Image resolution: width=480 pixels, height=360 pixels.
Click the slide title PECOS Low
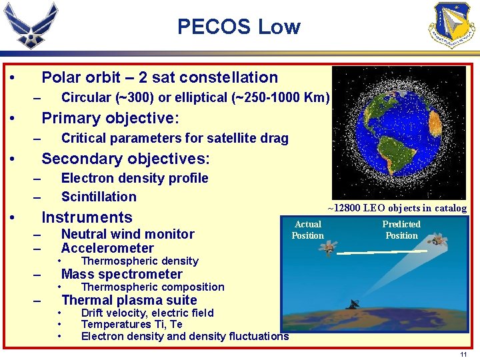pyautogui.click(x=239, y=27)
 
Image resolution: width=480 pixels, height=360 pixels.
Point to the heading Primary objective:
pyautogui.click(x=110, y=118)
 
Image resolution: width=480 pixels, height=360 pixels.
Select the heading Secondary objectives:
pyautogui.click(x=125, y=159)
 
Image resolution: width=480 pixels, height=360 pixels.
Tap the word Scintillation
pyautogui.click(x=99, y=196)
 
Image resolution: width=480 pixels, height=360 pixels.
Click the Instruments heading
pyautogui.click(x=87, y=217)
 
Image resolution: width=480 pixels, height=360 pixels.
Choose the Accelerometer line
pyautogui.click(x=107, y=248)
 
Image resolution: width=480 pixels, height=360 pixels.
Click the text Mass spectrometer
pyautogui.click(x=121, y=274)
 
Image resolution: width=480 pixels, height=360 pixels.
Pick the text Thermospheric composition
pyautogui.click(x=153, y=287)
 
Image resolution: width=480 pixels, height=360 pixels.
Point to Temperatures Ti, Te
pyautogui.click(x=131, y=325)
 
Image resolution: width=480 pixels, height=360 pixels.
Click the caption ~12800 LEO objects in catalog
pyautogui.click(x=398, y=208)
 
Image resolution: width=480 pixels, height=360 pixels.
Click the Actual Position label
pyautogui.click(x=307, y=230)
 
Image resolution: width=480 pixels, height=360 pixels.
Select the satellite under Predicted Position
pyautogui.click(x=437, y=240)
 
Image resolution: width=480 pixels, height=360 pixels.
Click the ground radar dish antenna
pyautogui.click(x=353, y=305)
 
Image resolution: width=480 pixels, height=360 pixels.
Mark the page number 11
pyautogui.click(x=463, y=355)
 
